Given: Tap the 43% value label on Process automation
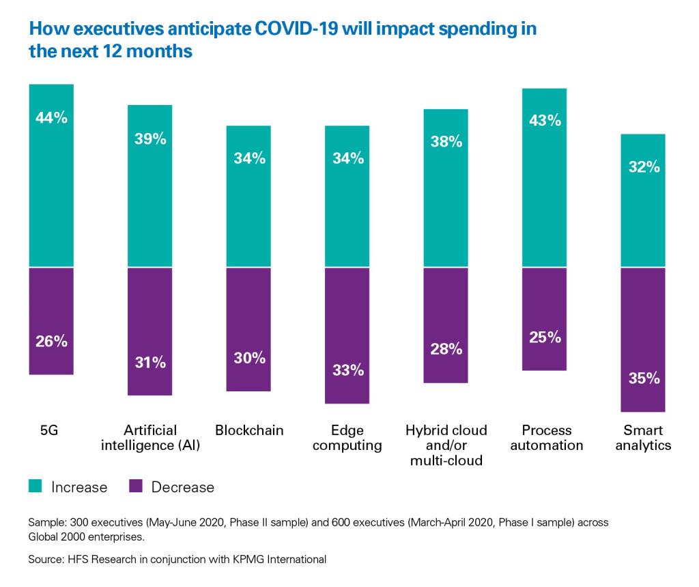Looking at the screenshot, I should pyautogui.click(x=545, y=121).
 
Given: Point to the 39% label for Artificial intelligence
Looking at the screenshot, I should pyautogui.click(x=149, y=139).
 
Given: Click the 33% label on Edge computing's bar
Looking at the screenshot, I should pyautogui.click(x=347, y=371).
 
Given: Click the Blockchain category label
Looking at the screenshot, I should pyautogui.click(x=249, y=430).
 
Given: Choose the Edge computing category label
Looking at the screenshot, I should pyautogui.click(x=347, y=438).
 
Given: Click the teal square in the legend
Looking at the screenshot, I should pyautogui.click(x=36, y=486).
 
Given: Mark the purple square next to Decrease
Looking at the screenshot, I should pyautogui.click(x=135, y=486).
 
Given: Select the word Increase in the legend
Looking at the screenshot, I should pyautogui.click(x=79, y=487).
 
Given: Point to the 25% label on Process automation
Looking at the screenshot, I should pyautogui.click(x=545, y=337).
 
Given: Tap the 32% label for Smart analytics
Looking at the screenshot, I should pyautogui.click(x=642, y=166).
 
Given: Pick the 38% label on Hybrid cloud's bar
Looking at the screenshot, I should pyautogui.click(x=446, y=142).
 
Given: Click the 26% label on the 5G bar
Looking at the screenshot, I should pyautogui.click(x=51, y=342).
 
